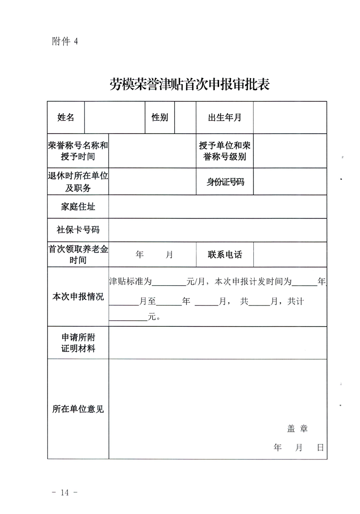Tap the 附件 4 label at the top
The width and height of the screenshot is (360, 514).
65,41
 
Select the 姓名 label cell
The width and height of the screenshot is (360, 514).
66,117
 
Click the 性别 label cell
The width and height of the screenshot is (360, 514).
160,117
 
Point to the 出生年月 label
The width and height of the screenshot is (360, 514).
225,117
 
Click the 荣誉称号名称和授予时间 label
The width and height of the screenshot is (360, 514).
78,151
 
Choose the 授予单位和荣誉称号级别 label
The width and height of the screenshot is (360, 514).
225,151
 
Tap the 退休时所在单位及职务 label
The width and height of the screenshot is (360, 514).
78,182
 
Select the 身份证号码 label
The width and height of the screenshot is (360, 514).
225,182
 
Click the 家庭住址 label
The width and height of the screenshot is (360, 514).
78,207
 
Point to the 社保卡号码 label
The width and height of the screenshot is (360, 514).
78,230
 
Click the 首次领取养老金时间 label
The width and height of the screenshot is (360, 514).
78,255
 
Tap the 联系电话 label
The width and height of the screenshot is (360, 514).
225,255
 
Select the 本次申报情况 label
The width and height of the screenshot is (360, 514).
78,296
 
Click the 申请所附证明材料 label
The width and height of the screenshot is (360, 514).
78,343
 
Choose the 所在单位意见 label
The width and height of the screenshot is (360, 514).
78,409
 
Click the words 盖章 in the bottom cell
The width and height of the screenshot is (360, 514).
297,428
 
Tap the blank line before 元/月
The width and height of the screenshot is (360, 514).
168,282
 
